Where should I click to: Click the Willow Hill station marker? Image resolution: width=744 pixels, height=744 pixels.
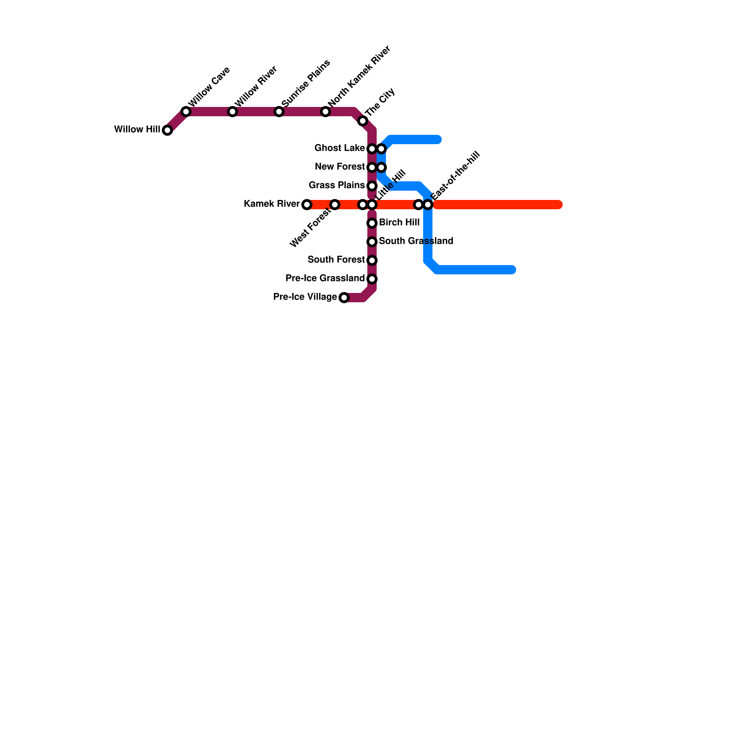point(167,130)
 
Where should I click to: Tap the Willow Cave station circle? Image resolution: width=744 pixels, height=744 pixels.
point(186,112)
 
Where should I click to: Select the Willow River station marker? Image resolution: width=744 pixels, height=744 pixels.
point(232,112)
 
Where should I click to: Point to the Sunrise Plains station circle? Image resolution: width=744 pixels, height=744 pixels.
point(279,112)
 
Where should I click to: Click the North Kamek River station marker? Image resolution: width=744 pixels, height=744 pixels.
point(325,112)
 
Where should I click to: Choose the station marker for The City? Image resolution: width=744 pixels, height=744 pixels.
point(363,121)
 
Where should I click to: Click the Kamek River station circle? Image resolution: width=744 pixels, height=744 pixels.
point(307,205)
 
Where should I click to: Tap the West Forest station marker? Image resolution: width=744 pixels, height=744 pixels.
point(335,205)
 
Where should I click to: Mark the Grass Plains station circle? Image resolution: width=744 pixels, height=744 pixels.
point(372,186)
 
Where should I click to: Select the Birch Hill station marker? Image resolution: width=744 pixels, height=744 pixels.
point(372,223)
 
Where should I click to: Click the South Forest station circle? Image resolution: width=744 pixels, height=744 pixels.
point(372,260)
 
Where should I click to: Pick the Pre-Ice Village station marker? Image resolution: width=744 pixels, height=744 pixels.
point(344,298)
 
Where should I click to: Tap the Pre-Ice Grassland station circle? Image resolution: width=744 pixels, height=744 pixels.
point(372,279)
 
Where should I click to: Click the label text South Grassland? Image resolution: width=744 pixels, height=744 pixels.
point(416,241)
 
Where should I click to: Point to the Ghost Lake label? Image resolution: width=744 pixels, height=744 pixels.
point(339,148)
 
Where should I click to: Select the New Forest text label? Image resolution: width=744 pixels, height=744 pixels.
point(339,166)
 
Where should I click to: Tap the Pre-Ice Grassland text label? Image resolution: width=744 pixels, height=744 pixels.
point(325,278)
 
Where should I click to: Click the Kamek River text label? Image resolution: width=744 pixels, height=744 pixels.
point(272,204)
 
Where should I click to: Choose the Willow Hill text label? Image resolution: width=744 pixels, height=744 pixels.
point(137,129)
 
